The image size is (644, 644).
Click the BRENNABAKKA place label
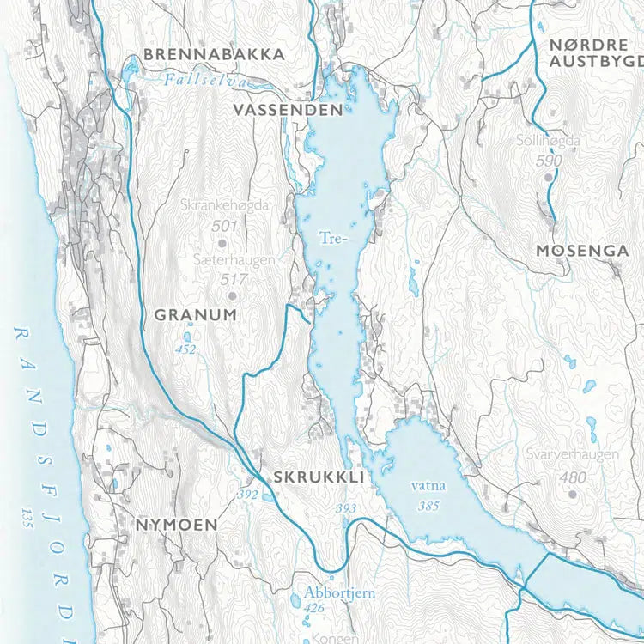tap(214, 54)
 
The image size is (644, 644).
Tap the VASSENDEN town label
tap(288, 110)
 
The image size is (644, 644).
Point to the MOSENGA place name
tap(581, 251)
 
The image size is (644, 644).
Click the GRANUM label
tap(195, 315)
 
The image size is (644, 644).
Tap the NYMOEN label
tap(176, 523)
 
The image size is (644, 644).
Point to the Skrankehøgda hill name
tap(226, 205)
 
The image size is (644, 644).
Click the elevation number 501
tap(224, 225)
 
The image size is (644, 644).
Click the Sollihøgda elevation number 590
tap(548, 161)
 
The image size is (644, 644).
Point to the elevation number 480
tap(572, 477)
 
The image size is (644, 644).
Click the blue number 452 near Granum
tap(185, 349)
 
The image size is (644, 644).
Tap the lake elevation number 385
tap(428, 506)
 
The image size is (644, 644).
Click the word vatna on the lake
tap(428, 486)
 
